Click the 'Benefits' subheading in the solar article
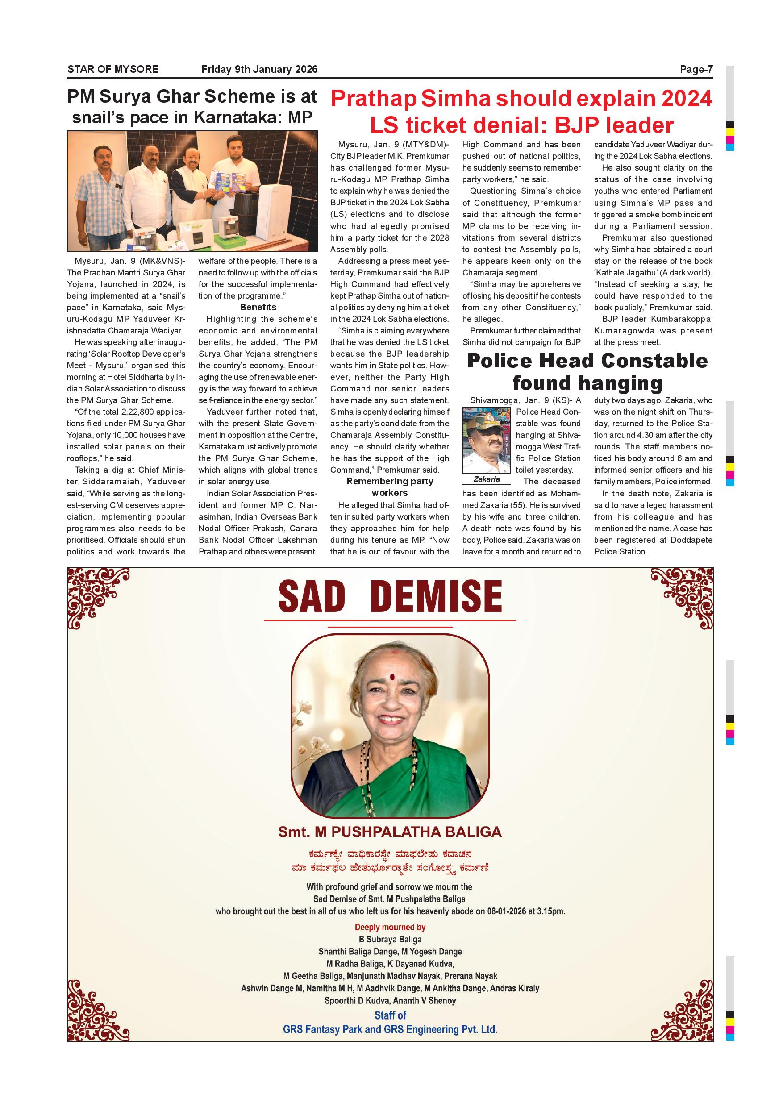click(x=258, y=308)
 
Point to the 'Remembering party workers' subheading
click(x=390, y=487)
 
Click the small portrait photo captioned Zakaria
click(x=486, y=440)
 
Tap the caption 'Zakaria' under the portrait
click(x=486, y=479)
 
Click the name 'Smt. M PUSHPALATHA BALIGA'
click(x=390, y=832)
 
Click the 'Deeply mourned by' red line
click(x=390, y=927)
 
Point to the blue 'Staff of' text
click(x=390, y=1015)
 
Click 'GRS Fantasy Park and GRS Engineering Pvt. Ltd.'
click(x=390, y=1029)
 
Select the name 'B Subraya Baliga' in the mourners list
click(x=390, y=939)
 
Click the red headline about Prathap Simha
click(x=521, y=112)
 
